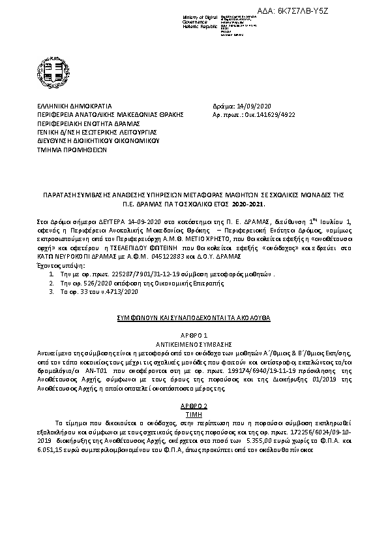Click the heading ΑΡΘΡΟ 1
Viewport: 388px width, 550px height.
point(194,334)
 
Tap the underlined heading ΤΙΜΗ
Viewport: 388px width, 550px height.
point(194,413)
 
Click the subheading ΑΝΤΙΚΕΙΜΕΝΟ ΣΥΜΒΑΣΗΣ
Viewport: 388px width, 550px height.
point(194,342)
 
